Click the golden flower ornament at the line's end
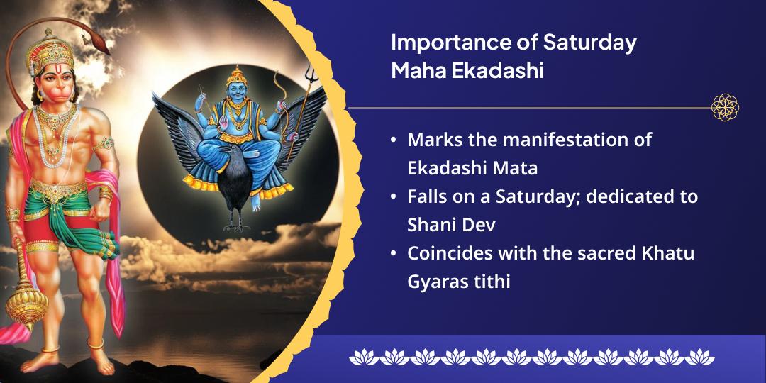725,108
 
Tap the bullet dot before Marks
394,140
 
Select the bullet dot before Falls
394,197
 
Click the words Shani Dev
450,225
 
